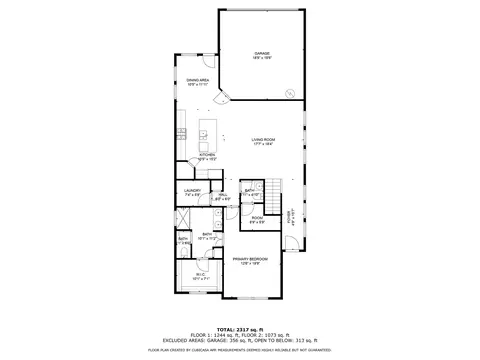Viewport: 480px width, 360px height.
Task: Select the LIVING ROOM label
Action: click(263, 141)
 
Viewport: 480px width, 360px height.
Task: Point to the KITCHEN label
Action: click(207, 156)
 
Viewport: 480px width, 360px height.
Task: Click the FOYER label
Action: click(290, 216)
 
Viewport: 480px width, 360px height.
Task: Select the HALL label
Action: click(223, 196)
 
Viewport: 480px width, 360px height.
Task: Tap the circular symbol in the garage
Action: click(290, 93)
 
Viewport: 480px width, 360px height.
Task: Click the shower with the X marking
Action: click(184, 221)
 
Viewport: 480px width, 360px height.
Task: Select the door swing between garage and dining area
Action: click(225, 97)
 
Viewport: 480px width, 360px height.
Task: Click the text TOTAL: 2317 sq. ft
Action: click(241, 327)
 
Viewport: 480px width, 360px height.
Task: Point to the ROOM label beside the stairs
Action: click(257, 219)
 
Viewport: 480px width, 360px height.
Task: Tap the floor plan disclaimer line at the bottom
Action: click(240, 350)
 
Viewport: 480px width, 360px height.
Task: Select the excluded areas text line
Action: click(240, 340)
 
